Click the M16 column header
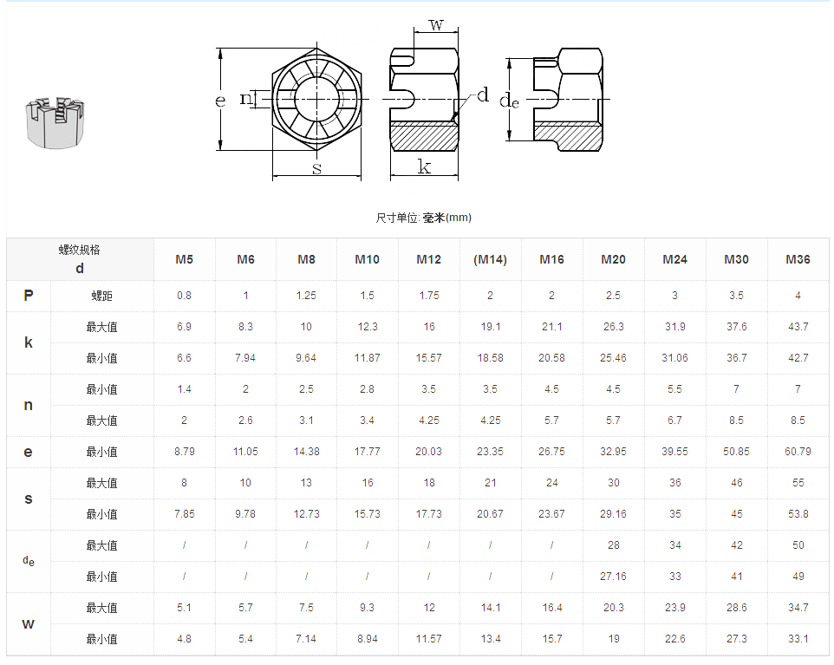[551, 259]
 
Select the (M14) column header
[490, 259]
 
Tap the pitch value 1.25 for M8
[306, 296]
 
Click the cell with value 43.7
[798, 327]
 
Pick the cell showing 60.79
[798, 452]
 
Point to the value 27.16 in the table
[613, 577]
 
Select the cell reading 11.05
[245, 452]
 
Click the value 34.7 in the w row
[798, 608]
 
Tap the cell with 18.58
[490, 358]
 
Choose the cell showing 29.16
[613, 514]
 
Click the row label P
[29, 296]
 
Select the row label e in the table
[29, 452]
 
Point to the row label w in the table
[29, 623]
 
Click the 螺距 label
[101, 296]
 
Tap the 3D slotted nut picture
[55, 121]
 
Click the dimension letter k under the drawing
[424, 166]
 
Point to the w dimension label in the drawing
[436, 24]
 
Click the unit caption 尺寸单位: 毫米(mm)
[423, 218]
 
